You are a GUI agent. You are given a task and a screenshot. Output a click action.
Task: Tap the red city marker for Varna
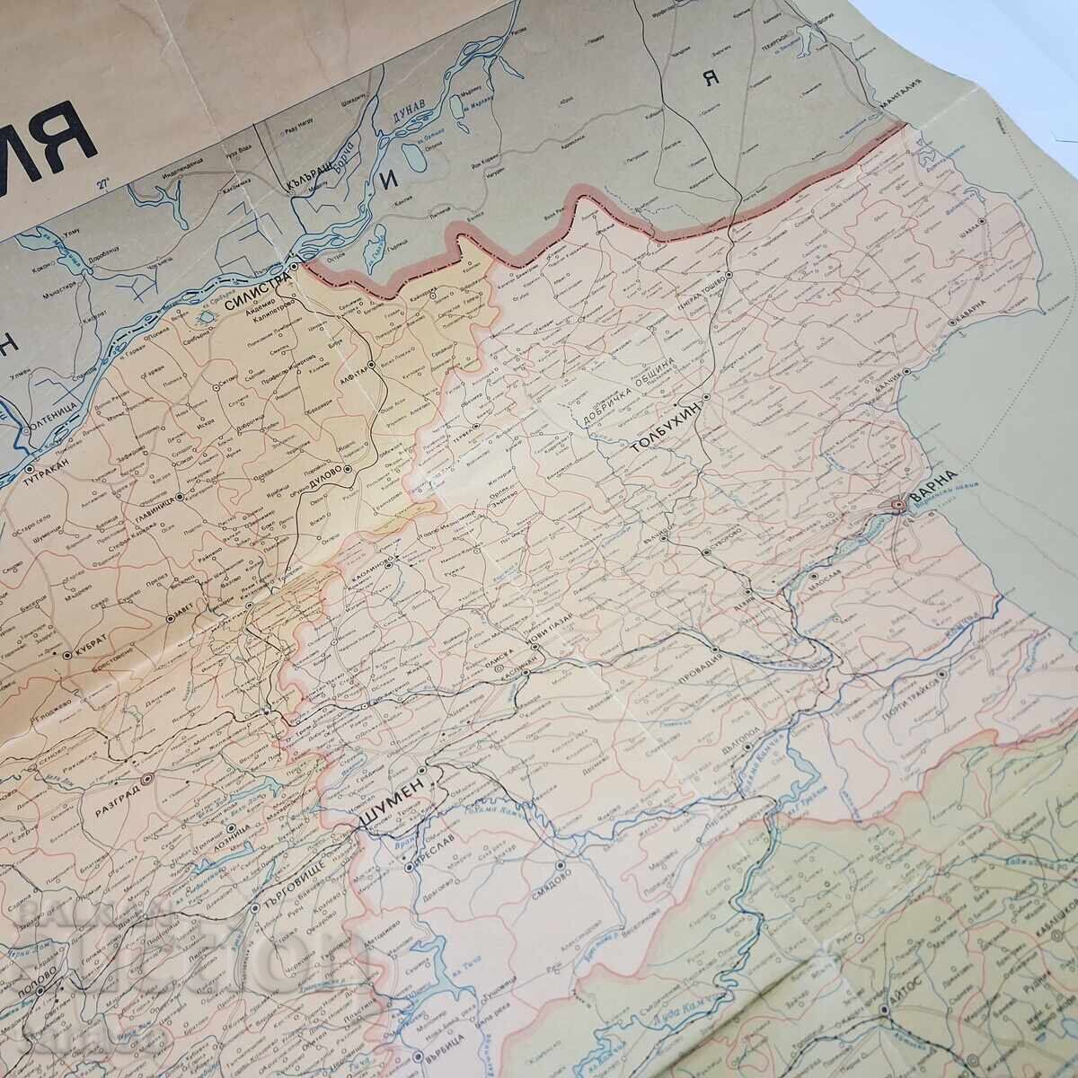pyautogui.click(x=899, y=507)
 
